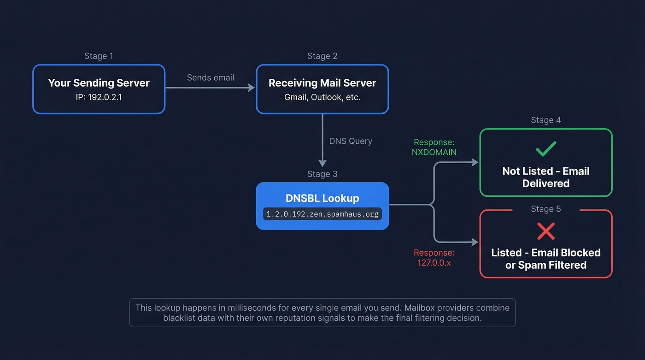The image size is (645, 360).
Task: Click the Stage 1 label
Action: (99, 56)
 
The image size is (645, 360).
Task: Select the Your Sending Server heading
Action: (99, 83)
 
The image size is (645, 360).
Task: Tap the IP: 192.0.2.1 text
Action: (99, 97)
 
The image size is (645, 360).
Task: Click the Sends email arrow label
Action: (210, 77)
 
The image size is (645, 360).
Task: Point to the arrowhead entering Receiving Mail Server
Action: (252, 88)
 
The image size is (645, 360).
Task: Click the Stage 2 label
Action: (322, 56)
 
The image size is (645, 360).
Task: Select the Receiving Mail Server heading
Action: (322, 83)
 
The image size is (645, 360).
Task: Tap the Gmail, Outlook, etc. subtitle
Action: (322, 97)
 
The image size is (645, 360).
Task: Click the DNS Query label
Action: (350, 141)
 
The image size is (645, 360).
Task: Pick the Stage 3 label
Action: (322, 174)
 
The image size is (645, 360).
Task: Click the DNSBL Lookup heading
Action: (322, 198)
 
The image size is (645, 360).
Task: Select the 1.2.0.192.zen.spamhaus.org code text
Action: (322, 214)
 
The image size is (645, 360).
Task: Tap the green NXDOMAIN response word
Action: (434, 152)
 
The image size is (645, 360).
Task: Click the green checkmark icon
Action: (546, 149)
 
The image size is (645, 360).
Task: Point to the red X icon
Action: (546, 231)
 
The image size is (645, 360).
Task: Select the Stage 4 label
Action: (545, 120)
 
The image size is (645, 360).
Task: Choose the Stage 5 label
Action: (545, 209)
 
